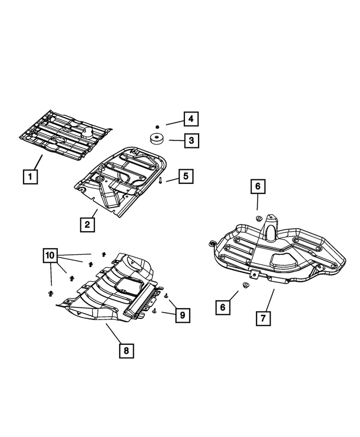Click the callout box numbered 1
30,177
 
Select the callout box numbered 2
87,225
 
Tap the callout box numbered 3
192,140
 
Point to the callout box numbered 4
191,119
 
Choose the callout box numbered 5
186,177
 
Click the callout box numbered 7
263,318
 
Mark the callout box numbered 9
182,316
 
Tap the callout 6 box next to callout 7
223,307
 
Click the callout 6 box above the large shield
257,187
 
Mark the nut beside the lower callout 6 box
245,286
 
